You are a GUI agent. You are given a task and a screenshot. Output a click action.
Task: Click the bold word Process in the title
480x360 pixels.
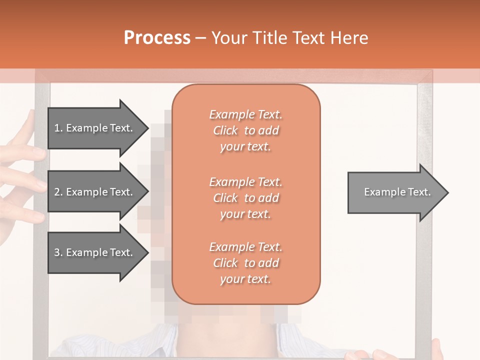[x=157, y=38]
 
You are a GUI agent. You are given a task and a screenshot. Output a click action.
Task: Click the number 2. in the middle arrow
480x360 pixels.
[x=58, y=192]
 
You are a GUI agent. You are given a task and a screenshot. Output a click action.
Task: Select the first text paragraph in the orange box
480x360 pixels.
[x=245, y=130]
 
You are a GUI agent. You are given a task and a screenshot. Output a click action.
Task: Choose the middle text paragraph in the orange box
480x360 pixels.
[x=245, y=198]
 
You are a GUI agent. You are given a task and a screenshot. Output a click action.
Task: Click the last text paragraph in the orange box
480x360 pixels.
[x=245, y=263]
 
